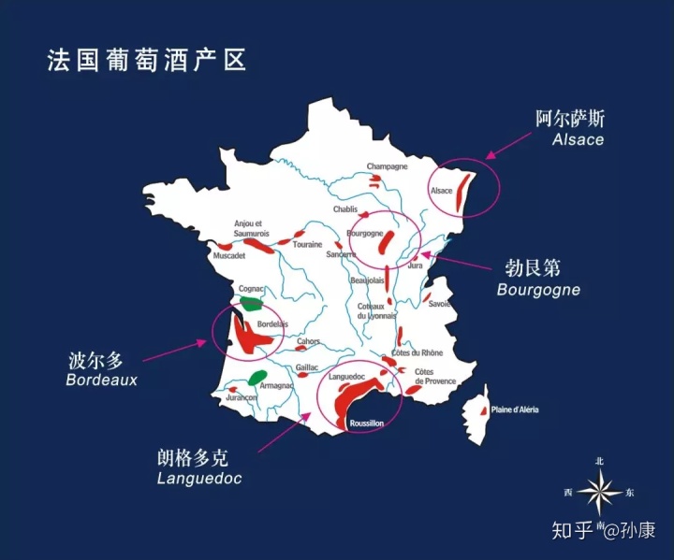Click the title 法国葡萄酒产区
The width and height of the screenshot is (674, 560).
pyautogui.click(x=147, y=61)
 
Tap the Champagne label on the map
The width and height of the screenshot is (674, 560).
pyautogui.click(x=387, y=166)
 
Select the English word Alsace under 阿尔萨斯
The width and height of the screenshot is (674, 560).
pyautogui.click(x=578, y=139)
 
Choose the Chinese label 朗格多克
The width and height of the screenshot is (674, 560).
pyautogui.click(x=192, y=458)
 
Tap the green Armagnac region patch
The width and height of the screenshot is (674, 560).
pyautogui.click(x=256, y=378)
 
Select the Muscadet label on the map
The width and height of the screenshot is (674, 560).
pyautogui.click(x=229, y=255)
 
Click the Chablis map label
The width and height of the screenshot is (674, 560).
pyautogui.click(x=345, y=209)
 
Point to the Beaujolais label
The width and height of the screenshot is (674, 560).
pyautogui.click(x=368, y=280)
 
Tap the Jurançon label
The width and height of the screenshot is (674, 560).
pyautogui.click(x=242, y=397)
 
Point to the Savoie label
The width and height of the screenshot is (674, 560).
pyautogui.click(x=440, y=304)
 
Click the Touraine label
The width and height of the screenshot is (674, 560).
pyautogui.click(x=307, y=245)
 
